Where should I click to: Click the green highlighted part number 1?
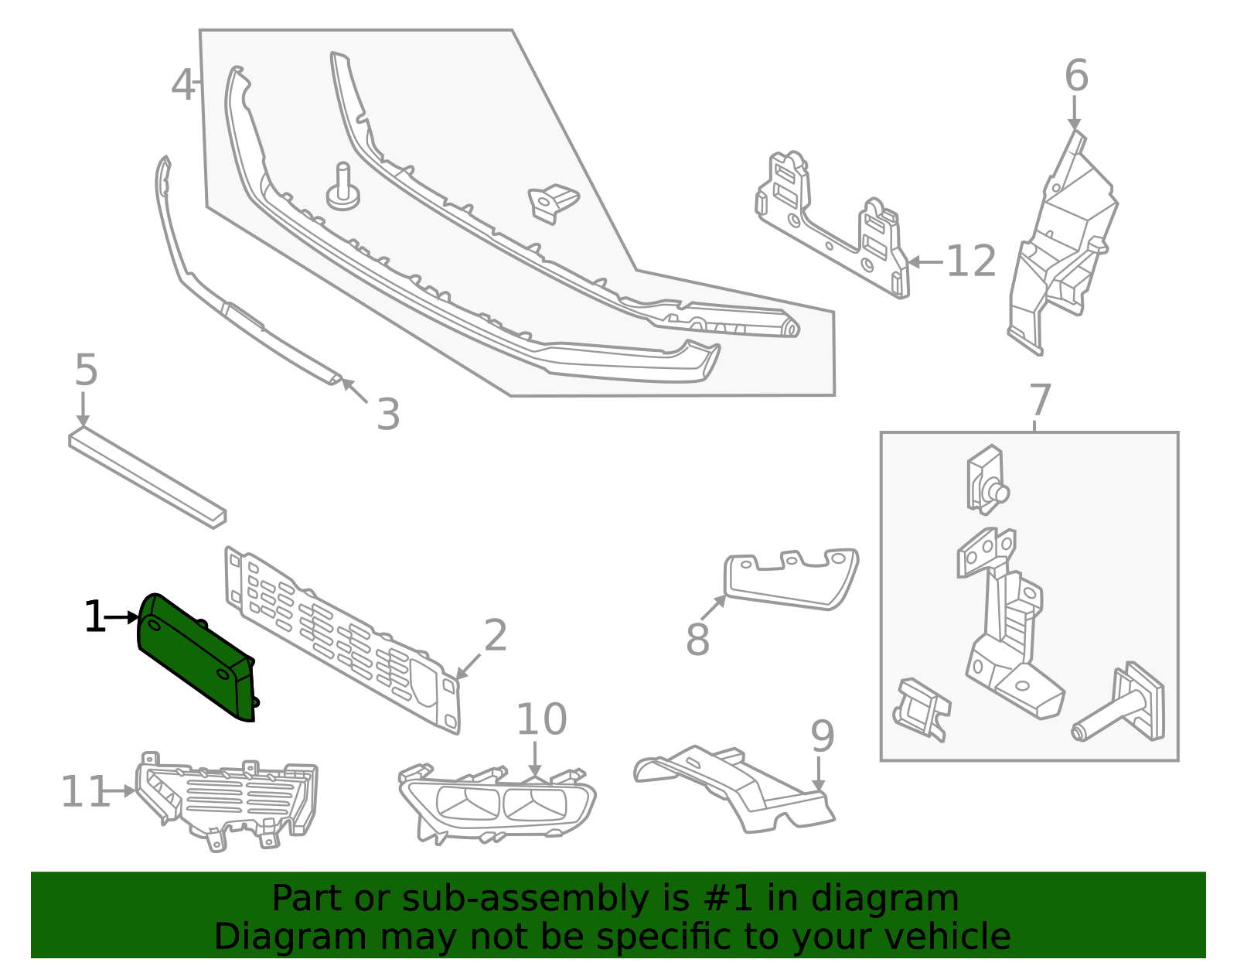[x=196, y=657]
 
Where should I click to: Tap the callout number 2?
[x=496, y=635]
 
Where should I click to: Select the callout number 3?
[x=388, y=414]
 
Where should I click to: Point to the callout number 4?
[x=182, y=85]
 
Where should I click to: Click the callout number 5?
[x=87, y=370]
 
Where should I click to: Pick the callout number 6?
[x=1076, y=75]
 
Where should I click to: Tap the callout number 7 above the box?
[x=1040, y=400]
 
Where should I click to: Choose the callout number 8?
[x=698, y=639]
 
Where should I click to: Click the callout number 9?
[x=823, y=736]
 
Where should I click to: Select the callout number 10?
[x=541, y=719]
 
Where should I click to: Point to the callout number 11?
[x=85, y=791]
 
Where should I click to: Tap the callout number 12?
[x=971, y=261]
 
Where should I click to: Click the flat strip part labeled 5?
[x=147, y=480]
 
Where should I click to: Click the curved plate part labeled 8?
[x=791, y=582]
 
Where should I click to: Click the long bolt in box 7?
[x=1117, y=704]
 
